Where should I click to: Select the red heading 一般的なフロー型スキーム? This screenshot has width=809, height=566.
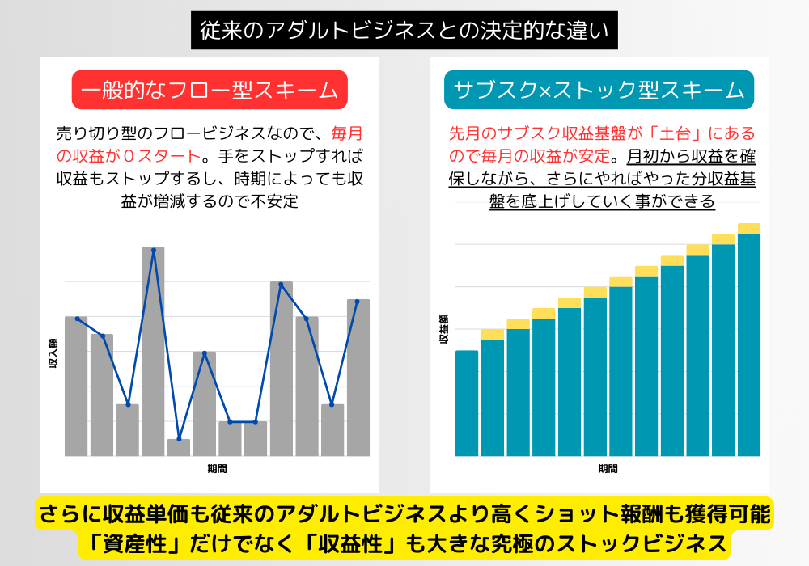point(210,91)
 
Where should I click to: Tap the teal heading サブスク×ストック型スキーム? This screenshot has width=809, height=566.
point(599,91)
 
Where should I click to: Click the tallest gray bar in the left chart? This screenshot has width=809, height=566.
point(153,352)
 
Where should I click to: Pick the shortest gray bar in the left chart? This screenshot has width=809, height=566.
point(179,447)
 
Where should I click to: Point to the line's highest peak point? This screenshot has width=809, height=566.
point(153,251)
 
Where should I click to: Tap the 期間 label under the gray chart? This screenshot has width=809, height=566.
point(217,468)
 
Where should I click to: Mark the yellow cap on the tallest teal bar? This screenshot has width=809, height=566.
point(749,228)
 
